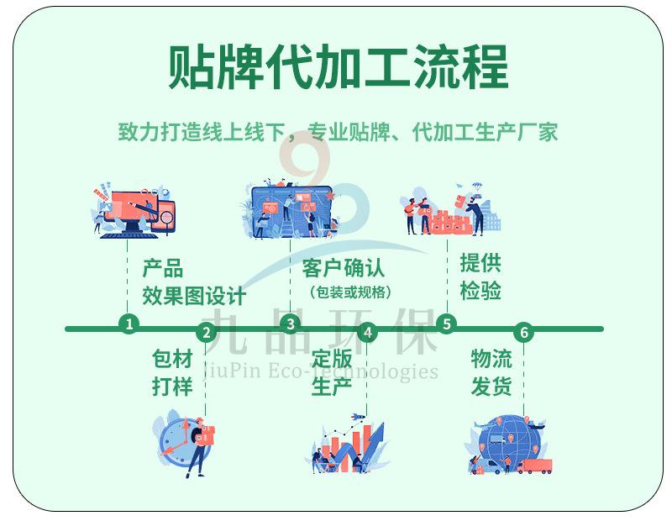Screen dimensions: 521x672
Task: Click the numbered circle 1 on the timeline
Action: coord(129,323)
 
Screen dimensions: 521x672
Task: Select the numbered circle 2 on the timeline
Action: coord(207,333)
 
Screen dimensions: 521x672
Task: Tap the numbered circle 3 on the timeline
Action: coord(290,324)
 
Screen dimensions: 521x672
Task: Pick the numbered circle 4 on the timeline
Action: coord(367,333)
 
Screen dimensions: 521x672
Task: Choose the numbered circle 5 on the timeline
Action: coord(446,324)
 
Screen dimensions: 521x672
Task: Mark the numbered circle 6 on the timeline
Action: coord(525,333)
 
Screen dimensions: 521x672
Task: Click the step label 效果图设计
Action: coord(194,296)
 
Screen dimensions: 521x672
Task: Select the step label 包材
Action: coord(172,359)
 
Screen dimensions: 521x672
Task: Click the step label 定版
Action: coord(332,359)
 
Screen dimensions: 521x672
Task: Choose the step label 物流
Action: coord(491,359)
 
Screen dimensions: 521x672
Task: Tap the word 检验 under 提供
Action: coord(480,291)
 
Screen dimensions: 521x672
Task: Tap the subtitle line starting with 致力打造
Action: coord(337,132)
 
